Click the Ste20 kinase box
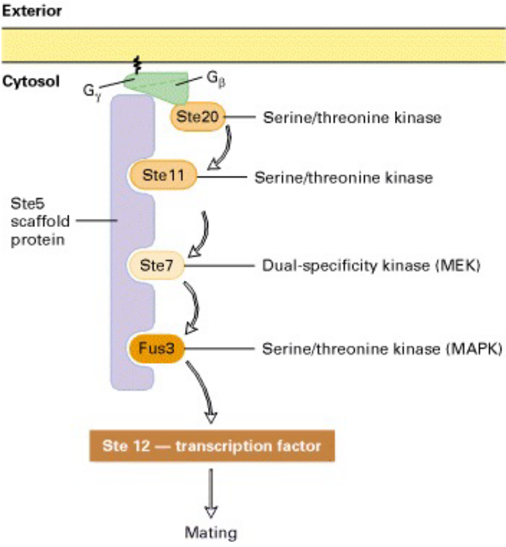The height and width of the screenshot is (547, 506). [197, 117]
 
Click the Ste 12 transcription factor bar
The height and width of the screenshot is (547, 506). [211, 446]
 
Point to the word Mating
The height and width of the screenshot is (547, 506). [211, 533]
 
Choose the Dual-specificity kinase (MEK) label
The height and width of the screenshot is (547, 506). [370, 265]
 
